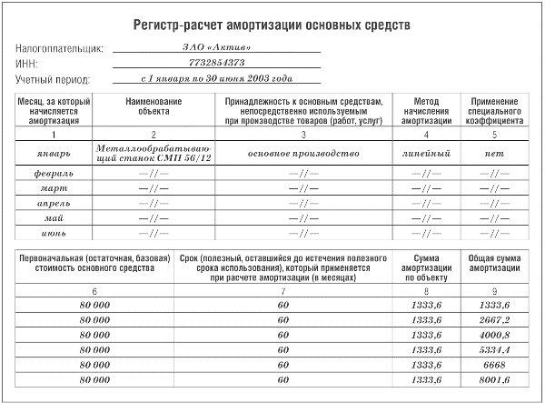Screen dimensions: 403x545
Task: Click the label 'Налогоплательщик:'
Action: (60, 47)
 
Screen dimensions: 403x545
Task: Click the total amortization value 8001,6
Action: (495, 378)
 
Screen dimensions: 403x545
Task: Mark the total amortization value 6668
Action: (495, 364)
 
